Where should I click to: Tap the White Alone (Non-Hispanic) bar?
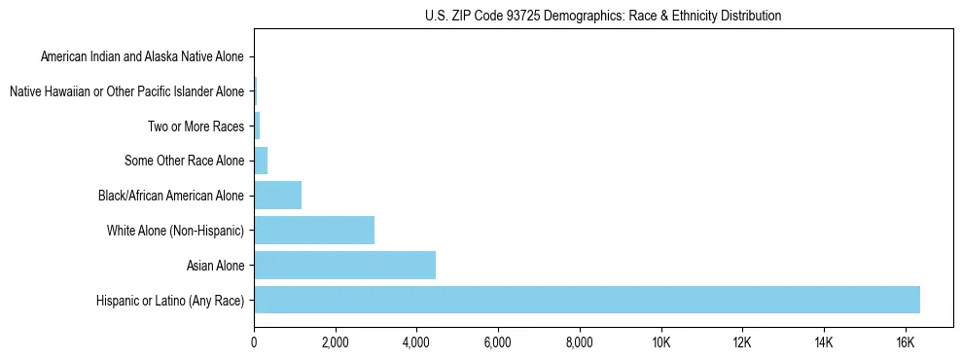[314, 231]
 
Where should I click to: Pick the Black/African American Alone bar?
[277, 196]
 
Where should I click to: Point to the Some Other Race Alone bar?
[261, 161]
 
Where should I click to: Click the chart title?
[603, 16]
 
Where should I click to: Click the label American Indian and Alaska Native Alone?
[142, 56]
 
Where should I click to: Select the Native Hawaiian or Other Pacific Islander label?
[126, 91]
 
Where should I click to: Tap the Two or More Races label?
[196, 126]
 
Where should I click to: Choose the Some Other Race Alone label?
[184, 161]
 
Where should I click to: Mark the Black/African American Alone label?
[170, 196]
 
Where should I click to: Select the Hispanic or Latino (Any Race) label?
[170, 300]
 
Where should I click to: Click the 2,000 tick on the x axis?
[335, 343]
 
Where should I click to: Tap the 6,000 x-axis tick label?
[497, 343]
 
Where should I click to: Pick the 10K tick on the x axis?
[660, 343]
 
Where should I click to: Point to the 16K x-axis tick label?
[905, 343]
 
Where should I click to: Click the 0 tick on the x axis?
[254, 343]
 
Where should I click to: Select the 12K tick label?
[742, 343]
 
